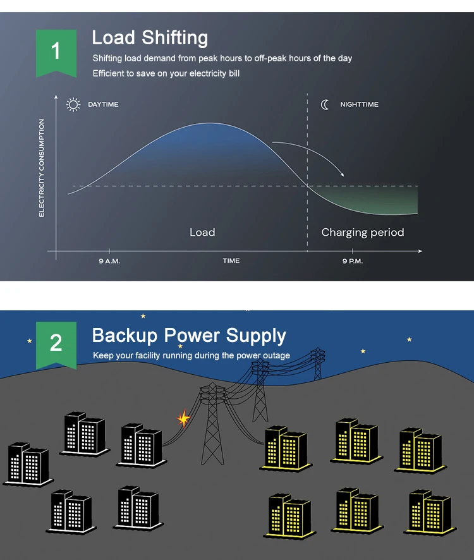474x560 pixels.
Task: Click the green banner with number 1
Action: pos(56,53)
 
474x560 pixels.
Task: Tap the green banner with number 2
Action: pos(56,345)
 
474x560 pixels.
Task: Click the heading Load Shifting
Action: pos(150,38)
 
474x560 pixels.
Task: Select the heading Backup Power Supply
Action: pos(189,336)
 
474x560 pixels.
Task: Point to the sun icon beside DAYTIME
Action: pos(73,105)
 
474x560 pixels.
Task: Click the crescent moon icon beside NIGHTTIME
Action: pos(325,105)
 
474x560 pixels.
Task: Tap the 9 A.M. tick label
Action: pos(109,261)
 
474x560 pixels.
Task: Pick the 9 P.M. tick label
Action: pos(353,261)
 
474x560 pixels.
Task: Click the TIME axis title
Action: pos(231,260)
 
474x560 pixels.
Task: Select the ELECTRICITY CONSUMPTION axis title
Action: pos(42,168)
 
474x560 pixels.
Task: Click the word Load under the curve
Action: pos(202,233)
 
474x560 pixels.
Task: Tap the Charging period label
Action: pos(363,233)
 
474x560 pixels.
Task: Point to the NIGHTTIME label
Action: pos(359,104)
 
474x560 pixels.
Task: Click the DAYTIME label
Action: pos(103,104)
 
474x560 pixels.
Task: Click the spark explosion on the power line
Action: pos(184,418)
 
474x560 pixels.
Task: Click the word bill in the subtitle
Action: pos(234,73)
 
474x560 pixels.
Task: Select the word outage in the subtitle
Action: pos(276,355)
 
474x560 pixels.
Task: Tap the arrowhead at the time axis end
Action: pos(420,251)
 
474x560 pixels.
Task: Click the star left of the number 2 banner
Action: pos(30,341)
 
